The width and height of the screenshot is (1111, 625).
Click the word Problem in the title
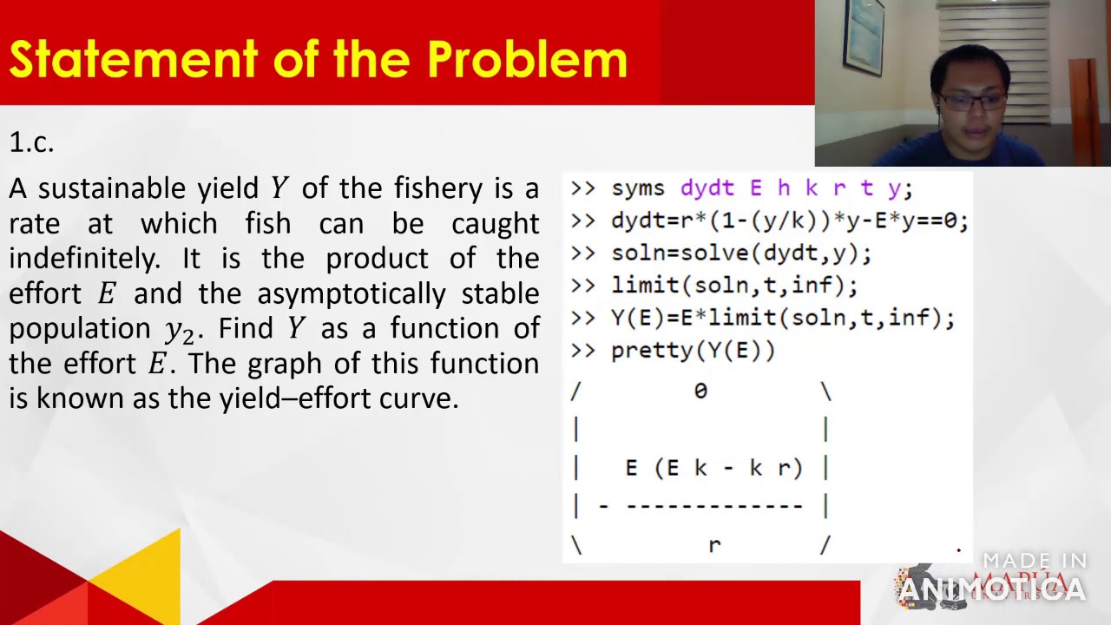[x=527, y=59]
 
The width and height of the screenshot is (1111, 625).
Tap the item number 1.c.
[x=31, y=142]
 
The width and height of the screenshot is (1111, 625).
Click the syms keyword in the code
[x=638, y=188]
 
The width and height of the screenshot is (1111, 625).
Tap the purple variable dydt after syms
[x=707, y=188]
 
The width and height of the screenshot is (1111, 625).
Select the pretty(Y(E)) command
[x=693, y=351]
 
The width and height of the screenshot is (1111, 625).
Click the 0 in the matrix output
[x=700, y=391]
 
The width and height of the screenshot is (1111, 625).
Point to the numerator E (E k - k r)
[x=713, y=468]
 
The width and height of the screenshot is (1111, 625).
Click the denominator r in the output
[x=713, y=545]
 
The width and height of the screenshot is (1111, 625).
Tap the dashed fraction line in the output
[x=713, y=505]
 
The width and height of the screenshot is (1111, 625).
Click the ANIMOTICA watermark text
[x=991, y=589]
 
